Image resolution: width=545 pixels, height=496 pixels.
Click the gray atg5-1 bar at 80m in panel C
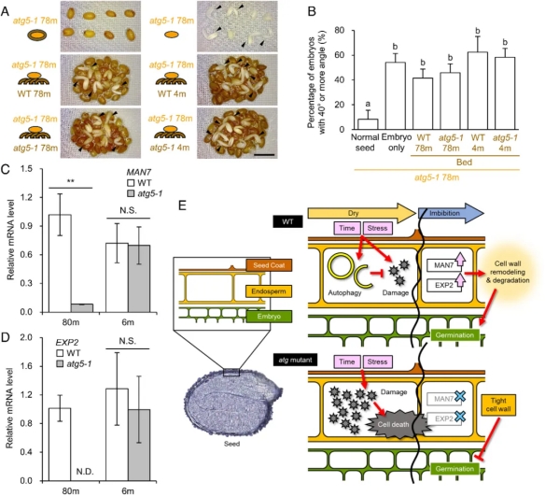pyautogui.click(x=82, y=308)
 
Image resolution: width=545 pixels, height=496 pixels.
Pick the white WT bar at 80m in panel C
pyautogui.click(x=61, y=263)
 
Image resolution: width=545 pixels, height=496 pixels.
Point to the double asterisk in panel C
pyautogui.click(x=71, y=181)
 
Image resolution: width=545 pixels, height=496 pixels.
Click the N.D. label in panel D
pyautogui.click(x=85, y=472)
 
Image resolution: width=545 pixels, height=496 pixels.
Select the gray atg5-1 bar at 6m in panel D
pyautogui.click(x=139, y=446)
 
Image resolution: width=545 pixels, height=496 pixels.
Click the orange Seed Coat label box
pyautogui.click(x=269, y=265)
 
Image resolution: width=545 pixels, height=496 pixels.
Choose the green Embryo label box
pyautogui.click(x=269, y=317)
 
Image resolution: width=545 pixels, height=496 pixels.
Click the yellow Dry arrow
pyautogui.click(x=362, y=213)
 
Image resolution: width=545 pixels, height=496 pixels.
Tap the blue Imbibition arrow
pyautogui.click(x=451, y=213)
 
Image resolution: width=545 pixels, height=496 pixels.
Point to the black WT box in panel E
pyautogui.click(x=287, y=221)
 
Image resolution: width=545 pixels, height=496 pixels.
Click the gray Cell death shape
pyautogui.click(x=394, y=424)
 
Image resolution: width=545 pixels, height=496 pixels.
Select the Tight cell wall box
pyautogui.click(x=498, y=404)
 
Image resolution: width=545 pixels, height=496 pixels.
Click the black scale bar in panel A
pyautogui.click(x=264, y=154)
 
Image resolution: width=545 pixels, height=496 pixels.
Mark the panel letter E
pyautogui.click(x=182, y=205)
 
